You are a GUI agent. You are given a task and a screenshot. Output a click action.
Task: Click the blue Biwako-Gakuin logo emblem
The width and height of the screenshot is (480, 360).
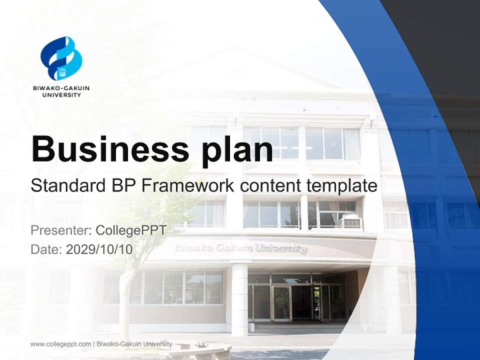point(61,58)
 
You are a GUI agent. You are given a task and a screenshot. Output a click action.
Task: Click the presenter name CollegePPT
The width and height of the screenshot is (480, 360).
point(130,230)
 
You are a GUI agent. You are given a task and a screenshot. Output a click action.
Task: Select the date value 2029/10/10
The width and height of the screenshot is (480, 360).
point(99,249)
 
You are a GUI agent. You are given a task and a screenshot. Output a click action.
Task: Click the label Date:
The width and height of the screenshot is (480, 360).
point(46,249)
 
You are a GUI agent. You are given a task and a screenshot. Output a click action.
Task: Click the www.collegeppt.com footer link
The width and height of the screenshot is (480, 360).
point(60,344)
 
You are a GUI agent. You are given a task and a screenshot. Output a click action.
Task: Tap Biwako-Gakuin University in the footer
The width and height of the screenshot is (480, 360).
point(134,344)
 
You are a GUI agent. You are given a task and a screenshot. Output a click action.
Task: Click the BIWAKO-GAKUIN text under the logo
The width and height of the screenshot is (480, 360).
point(61,88)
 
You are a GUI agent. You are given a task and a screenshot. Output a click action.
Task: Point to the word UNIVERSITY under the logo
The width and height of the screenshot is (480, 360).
point(61,94)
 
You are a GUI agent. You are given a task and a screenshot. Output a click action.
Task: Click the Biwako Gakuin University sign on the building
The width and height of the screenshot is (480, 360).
point(240,248)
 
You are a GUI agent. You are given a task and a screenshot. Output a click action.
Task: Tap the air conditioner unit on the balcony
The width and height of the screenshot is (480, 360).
point(350,221)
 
